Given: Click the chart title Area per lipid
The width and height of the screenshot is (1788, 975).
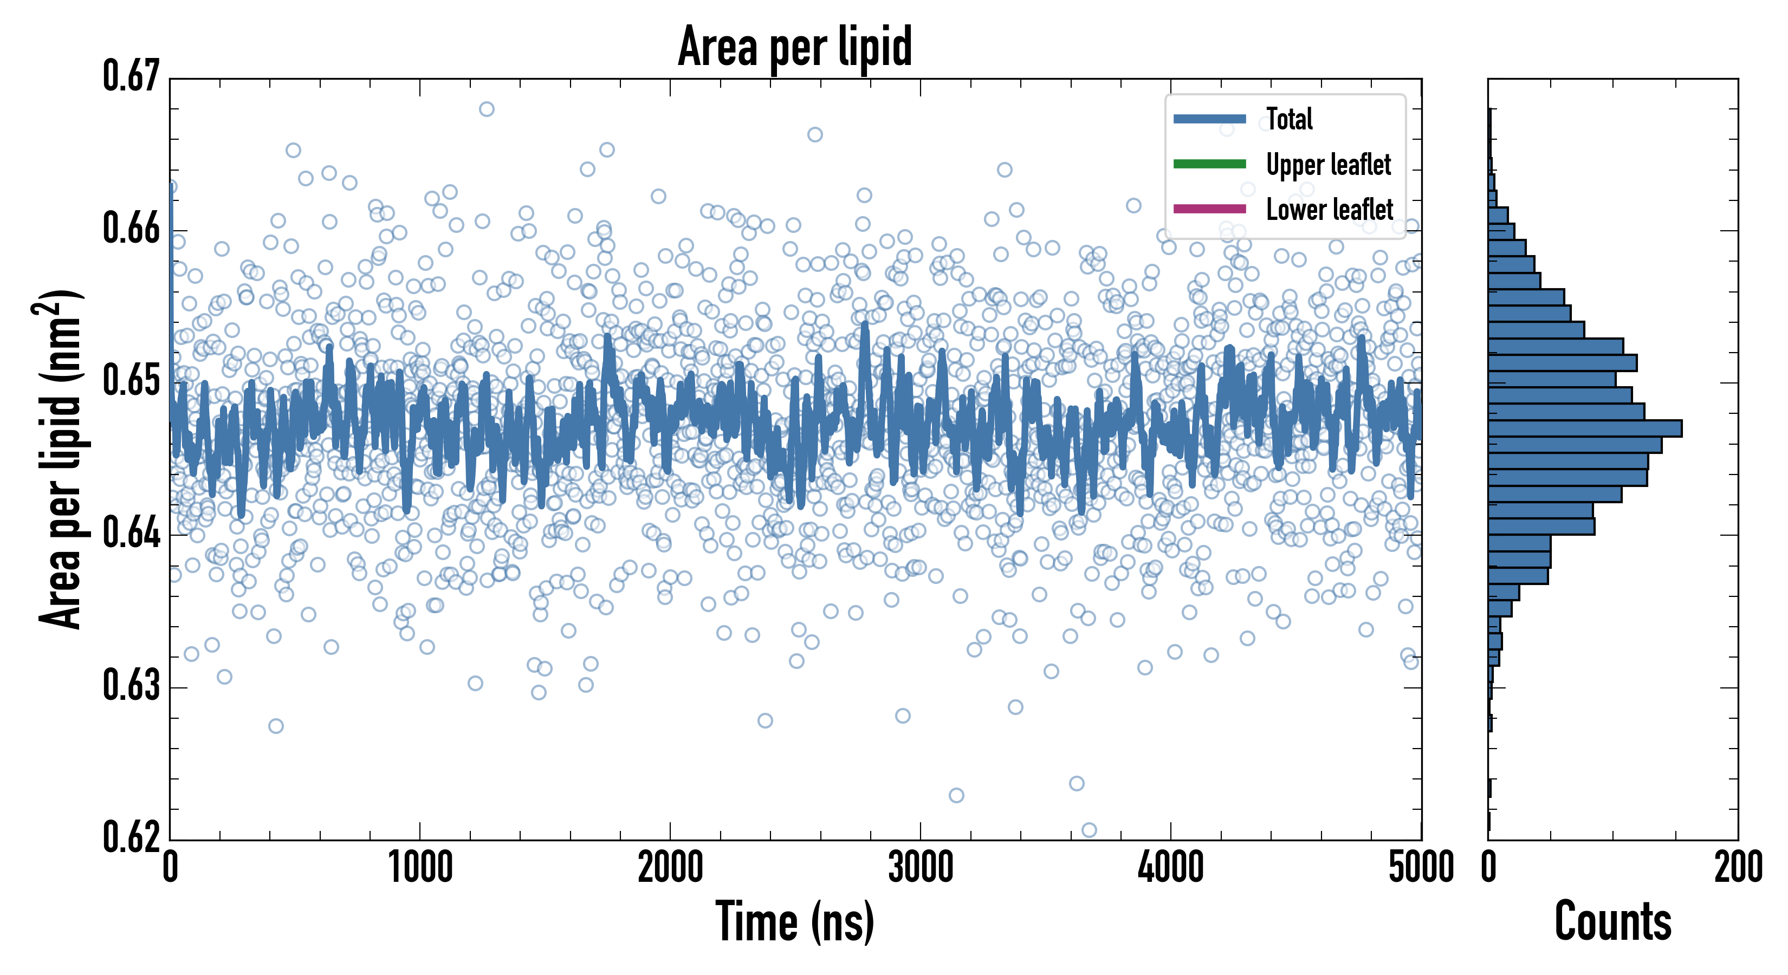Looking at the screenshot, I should [795, 47].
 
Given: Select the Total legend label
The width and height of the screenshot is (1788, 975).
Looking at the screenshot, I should [1289, 119].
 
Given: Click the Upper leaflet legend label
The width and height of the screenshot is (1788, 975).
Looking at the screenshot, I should [1328, 165].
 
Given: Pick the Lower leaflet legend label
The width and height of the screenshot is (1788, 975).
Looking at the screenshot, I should [1329, 210].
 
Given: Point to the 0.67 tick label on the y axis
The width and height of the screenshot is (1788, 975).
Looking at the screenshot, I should [131, 76].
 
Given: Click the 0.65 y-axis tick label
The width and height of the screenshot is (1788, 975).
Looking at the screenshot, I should [131, 380].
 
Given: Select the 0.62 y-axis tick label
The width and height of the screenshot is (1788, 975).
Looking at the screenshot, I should [131, 836].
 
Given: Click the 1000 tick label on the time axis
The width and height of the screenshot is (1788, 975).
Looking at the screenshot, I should [420, 867].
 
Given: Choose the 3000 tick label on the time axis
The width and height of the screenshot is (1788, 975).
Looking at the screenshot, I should [921, 867].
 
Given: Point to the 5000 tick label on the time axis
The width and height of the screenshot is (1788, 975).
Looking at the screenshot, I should [1421, 867].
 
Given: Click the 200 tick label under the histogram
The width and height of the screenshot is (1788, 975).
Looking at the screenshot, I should [1737, 867].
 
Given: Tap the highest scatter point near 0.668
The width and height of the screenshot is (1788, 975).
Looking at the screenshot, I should [487, 109].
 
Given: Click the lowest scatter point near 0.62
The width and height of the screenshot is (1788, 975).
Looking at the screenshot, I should [1089, 830].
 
